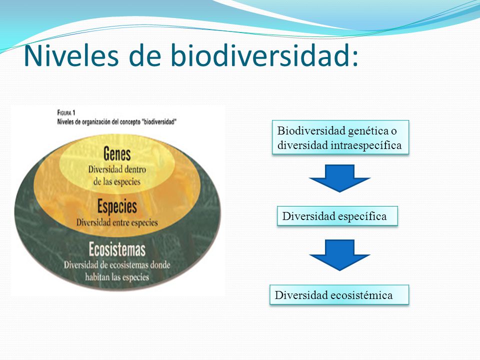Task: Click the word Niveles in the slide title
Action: (x=71, y=55)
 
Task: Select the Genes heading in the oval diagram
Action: (x=117, y=153)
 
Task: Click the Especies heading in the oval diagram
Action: (x=117, y=206)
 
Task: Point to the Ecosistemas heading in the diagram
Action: (x=117, y=249)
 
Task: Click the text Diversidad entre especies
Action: (x=117, y=222)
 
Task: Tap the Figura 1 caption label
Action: (x=66, y=112)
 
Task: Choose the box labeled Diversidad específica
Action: (x=337, y=216)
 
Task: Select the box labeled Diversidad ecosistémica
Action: (x=339, y=295)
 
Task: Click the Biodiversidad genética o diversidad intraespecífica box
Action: (x=340, y=137)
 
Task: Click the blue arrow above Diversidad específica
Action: (x=339, y=178)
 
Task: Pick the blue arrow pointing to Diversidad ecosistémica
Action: (x=339, y=255)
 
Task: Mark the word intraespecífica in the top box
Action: (x=366, y=145)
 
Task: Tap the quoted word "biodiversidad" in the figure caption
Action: (x=158, y=122)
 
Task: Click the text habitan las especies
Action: (x=117, y=277)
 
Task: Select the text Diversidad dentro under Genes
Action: (x=117, y=169)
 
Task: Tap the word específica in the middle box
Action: (x=362, y=216)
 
